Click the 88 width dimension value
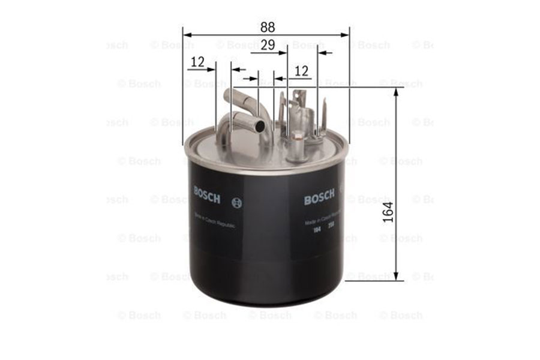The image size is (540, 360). point(268,27)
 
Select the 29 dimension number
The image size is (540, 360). point(268,44)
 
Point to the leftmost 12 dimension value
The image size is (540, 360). point(197,61)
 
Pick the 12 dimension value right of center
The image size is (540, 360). point(301,71)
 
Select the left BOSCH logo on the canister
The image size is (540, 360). point(207,194)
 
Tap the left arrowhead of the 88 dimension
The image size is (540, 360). point(187,35)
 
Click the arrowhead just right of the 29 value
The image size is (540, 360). point(283,53)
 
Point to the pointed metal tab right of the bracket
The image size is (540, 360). point(324,118)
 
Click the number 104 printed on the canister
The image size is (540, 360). point(316,230)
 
